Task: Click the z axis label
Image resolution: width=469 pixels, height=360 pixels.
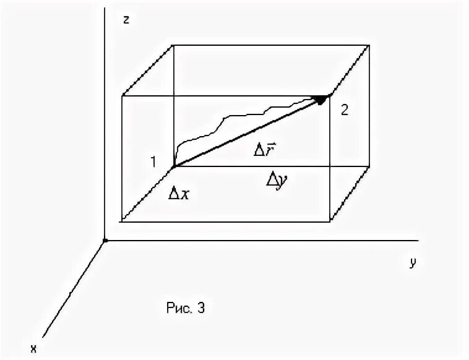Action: pyautogui.click(x=126, y=19)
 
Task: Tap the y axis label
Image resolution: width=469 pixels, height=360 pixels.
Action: pyautogui.click(x=412, y=262)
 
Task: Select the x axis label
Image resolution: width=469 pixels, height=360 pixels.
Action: pyautogui.click(x=35, y=348)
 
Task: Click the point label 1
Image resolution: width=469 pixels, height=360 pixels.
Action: pyautogui.click(x=152, y=162)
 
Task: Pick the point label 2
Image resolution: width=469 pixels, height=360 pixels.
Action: pyautogui.click(x=345, y=111)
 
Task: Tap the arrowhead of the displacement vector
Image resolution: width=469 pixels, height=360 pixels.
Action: pyautogui.click(x=321, y=99)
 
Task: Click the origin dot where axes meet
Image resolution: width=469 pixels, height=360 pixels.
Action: pyautogui.click(x=106, y=240)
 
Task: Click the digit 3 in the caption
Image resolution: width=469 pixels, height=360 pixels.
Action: pyautogui.click(x=200, y=307)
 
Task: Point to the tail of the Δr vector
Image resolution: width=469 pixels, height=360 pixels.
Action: pyautogui.click(x=173, y=166)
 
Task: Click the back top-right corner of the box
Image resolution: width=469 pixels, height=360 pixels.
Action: pyautogui.click(x=371, y=45)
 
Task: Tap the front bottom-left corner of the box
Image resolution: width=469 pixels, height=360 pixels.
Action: pyautogui.click(x=123, y=220)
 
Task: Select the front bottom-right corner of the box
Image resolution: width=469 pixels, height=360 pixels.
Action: pyautogui.click(x=329, y=220)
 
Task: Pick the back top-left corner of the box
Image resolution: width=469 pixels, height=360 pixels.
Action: pyautogui.click(x=172, y=45)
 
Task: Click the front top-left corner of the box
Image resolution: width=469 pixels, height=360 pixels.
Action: pyautogui.click(x=123, y=95)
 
